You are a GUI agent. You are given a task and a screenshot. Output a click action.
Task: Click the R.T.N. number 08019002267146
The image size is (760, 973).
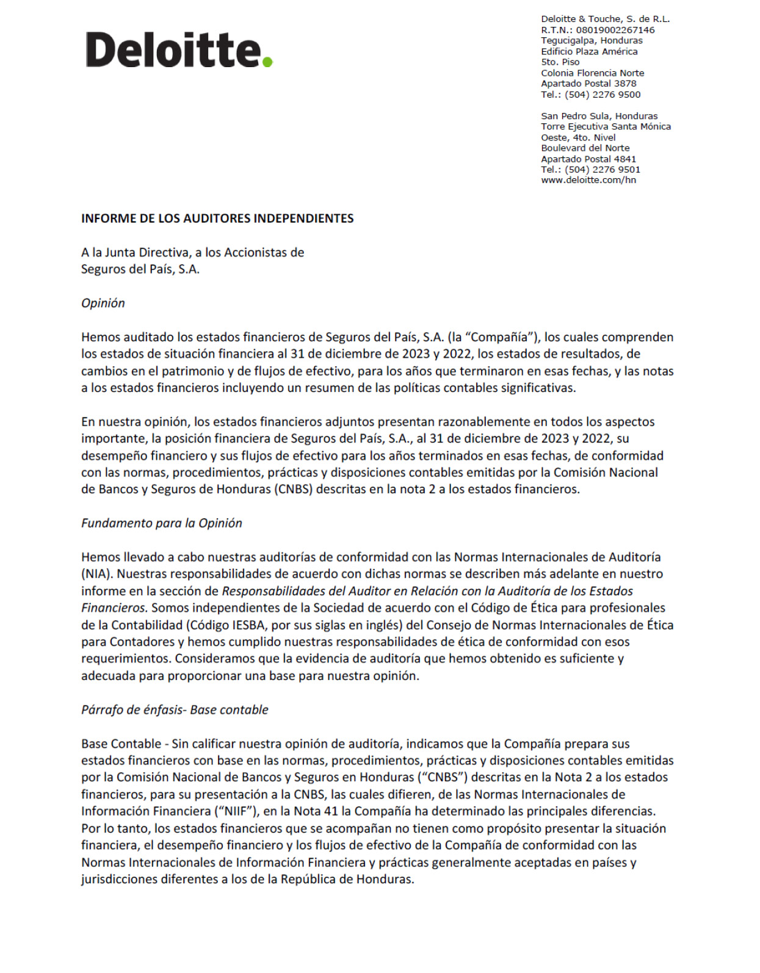tap(615, 30)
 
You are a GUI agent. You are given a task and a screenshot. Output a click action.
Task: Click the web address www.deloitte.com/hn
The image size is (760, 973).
tap(588, 180)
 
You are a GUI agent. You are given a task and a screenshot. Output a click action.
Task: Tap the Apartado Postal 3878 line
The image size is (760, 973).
tap(588, 84)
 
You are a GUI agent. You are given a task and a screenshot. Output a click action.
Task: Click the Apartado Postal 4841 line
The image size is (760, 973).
tap(588, 159)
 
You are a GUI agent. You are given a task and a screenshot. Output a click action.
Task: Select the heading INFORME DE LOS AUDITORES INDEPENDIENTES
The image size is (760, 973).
tap(217, 219)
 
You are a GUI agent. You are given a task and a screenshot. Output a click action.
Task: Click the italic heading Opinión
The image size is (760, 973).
tap(103, 303)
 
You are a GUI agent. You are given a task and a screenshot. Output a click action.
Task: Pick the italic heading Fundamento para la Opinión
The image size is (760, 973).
tap(162, 523)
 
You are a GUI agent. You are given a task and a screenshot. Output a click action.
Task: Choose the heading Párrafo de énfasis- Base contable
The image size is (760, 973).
tap(175, 710)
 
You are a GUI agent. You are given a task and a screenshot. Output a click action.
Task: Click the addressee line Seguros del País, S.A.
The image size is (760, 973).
tap(140, 269)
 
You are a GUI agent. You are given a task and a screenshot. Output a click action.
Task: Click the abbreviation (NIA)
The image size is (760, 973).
tap(97, 574)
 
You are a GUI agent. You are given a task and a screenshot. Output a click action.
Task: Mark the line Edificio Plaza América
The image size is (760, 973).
tap(589, 51)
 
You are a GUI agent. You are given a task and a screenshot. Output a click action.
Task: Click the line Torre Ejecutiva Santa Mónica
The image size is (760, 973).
tap(606, 126)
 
